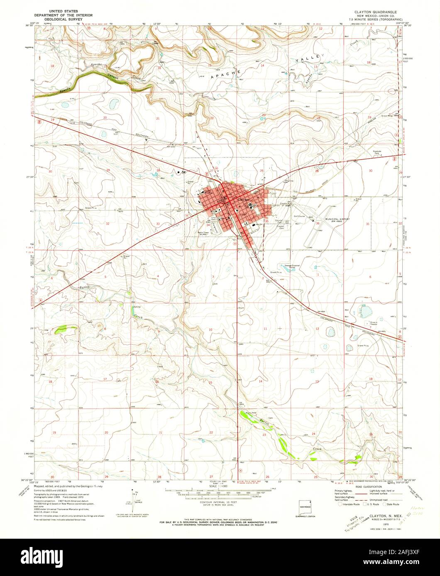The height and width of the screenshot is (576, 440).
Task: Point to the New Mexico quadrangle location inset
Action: [x=305, y=506]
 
